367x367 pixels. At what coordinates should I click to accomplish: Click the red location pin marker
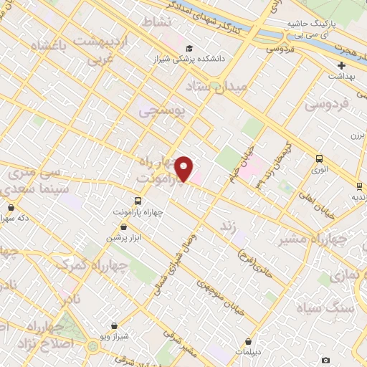pos(184,168)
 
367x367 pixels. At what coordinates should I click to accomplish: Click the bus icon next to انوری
pos(319,159)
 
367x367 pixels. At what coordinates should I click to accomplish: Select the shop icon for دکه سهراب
pos(11,207)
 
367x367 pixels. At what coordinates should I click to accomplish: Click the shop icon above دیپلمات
pos(248,342)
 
